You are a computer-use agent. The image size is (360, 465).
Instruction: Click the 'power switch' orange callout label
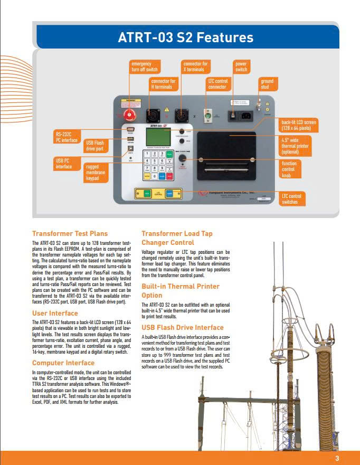241,67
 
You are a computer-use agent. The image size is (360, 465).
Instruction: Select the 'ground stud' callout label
267,84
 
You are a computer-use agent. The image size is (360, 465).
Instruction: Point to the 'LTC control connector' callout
217,84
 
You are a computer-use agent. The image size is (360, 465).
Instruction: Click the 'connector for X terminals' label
195,67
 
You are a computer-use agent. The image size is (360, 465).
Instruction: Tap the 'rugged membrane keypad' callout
96,173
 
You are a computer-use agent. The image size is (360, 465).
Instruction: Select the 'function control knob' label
290,169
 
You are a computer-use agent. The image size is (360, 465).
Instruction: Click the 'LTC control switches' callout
292,198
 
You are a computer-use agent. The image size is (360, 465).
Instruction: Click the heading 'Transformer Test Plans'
70,233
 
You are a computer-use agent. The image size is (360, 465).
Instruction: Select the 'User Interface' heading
55,313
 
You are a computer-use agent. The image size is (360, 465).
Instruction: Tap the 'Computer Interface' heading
63,363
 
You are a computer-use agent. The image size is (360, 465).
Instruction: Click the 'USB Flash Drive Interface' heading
183,328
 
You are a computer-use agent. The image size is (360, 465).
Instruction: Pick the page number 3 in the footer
337,458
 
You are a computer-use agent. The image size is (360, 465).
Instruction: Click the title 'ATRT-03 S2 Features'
185,38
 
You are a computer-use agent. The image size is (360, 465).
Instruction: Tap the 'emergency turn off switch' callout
144,67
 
